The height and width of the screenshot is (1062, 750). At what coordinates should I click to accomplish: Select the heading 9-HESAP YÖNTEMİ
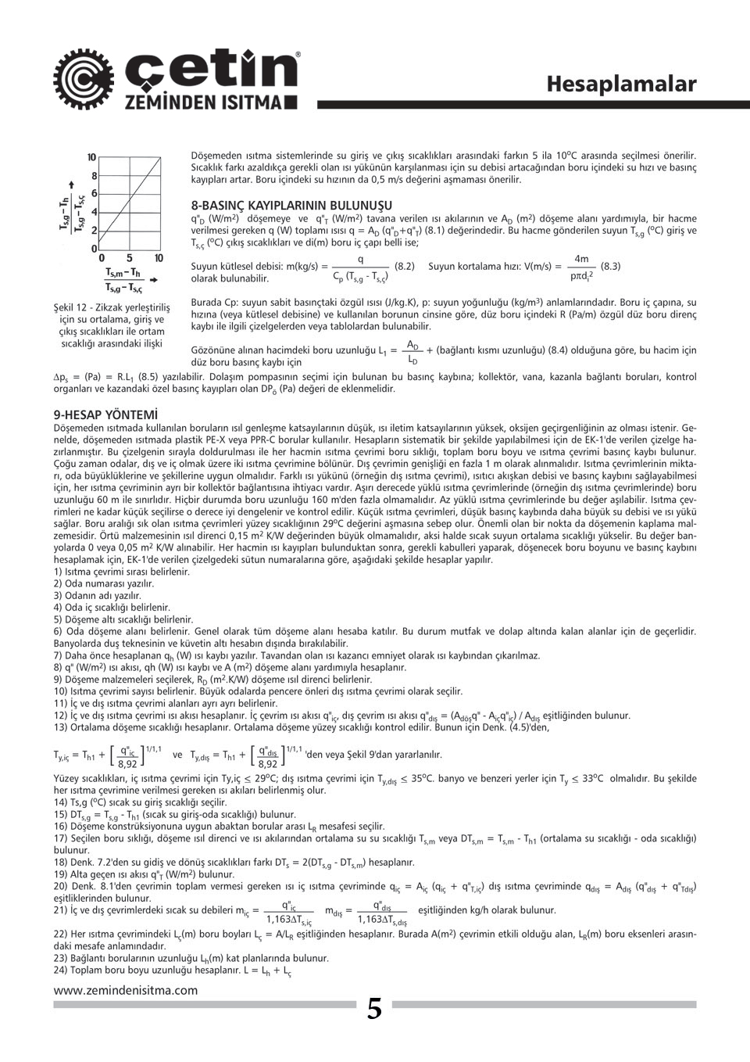click(105, 414)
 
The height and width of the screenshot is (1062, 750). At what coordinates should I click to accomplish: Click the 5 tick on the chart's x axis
click(130, 258)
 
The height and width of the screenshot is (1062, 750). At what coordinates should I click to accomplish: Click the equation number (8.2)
click(405, 266)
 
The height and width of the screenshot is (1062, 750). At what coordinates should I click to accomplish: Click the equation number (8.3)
click(610, 266)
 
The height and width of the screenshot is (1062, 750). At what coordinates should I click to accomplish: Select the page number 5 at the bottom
click(375, 1009)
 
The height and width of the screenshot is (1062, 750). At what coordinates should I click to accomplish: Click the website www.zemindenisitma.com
click(126, 989)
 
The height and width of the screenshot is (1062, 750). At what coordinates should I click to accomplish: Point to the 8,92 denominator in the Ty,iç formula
click(126, 764)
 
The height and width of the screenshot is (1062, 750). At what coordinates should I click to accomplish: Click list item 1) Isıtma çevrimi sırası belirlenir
click(122, 572)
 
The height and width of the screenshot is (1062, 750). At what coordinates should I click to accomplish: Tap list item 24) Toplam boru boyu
click(173, 971)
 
